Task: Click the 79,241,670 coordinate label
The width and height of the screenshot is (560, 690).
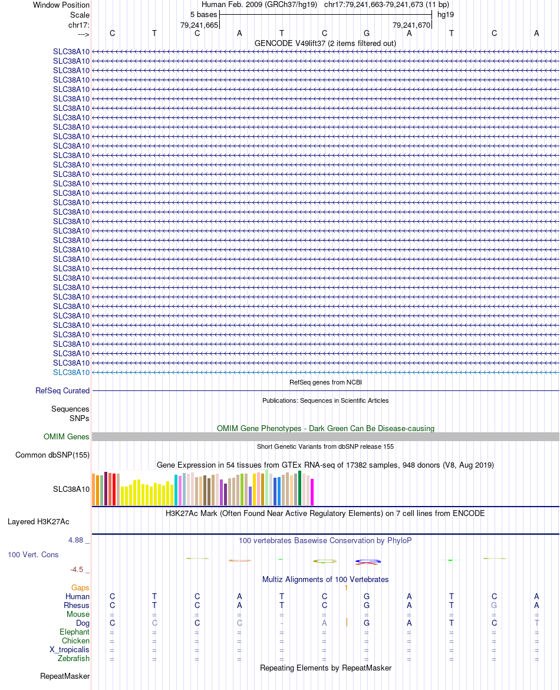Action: click(411, 25)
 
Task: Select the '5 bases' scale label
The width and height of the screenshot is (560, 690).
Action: click(203, 15)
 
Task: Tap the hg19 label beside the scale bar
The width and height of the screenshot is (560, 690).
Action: click(446, 15)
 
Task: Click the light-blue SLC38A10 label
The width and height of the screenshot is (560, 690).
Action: click(71, 372)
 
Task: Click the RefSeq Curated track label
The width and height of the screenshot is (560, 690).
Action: click(62, 390)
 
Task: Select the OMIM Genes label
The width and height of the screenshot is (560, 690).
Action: click(67, 436)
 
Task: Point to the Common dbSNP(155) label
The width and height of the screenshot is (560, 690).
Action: click(52, 455)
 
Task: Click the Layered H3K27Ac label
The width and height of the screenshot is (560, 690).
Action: click(38, 521)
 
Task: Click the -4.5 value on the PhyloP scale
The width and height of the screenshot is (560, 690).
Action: click(77, 570)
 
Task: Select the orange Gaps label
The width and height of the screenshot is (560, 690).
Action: click(81, 587)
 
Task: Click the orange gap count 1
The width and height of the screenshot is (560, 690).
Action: click(347, 587)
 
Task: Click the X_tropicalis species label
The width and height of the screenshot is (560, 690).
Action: click(70, 649)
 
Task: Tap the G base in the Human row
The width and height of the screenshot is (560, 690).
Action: click(367, 596)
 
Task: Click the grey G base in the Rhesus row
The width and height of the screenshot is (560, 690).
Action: click(494, 605)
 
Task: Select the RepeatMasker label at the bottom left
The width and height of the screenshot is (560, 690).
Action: click(65, 676)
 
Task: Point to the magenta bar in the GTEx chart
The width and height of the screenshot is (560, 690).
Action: click(312, 492)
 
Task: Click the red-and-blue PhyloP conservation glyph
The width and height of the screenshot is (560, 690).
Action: click(366, 561)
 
